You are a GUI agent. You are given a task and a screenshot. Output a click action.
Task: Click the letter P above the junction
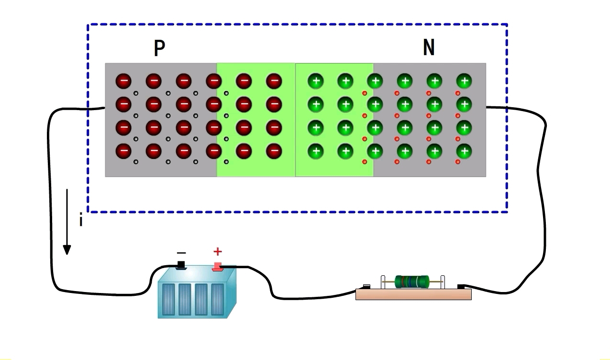(x=159, y=48)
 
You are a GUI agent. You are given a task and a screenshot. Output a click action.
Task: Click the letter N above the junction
(x=429, y=47)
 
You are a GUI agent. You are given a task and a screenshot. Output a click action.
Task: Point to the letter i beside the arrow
(x=81, y=220)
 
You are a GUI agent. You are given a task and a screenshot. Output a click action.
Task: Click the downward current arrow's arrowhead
(x=67, y=249)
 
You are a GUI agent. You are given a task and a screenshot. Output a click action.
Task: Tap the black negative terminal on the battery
(x=181, y=265)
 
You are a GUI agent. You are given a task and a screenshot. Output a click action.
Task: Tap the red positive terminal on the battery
(x=217, y=265)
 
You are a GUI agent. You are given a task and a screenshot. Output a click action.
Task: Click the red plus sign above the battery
(x=218, y=251)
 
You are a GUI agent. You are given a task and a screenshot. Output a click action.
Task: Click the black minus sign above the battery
(x=181, y=252)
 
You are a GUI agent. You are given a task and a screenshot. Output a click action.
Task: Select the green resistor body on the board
(x=412, y=281)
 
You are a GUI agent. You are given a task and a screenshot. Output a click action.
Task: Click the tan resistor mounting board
(x=413, y=294)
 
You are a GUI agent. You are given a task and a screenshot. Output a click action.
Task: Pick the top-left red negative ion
(x=123, y=81)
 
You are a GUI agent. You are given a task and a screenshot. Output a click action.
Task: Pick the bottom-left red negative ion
(x=123, y=151)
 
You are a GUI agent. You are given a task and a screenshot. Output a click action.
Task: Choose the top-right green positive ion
(x=464, y=81)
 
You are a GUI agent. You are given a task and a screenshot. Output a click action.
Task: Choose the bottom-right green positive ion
(x=464, y=152)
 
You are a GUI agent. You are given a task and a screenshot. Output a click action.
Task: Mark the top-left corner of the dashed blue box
(x=88, y=24)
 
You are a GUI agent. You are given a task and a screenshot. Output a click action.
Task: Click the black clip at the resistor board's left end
(x=366, y=286)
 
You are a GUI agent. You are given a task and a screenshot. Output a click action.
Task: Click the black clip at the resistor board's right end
(x=461, y=286)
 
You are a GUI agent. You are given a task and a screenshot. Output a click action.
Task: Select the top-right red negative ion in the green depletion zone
(x=274, y=81)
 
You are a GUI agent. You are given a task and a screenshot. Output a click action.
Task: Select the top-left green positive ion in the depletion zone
(x=315, y=81)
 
